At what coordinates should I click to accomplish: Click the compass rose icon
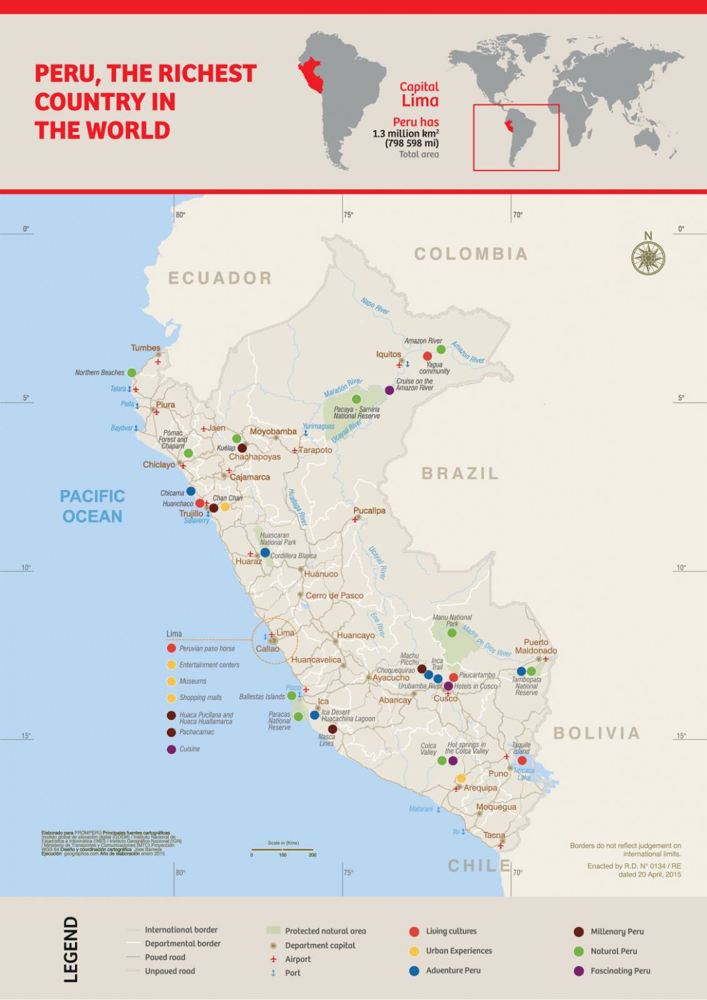648,257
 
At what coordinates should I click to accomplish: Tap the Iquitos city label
388,354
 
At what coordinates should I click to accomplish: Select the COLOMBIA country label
471,254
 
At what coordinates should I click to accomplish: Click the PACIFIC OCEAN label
93,506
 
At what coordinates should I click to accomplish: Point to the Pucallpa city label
369,511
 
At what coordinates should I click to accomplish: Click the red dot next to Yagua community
428,356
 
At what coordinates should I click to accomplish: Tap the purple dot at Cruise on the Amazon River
389,390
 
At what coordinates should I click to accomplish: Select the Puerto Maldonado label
536,646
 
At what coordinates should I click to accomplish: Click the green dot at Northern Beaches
132,372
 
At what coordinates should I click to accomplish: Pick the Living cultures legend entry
451,931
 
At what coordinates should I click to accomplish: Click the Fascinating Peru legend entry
620,971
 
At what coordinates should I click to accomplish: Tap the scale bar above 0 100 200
283,849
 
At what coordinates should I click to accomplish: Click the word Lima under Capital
420,101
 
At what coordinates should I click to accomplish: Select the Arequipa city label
480,787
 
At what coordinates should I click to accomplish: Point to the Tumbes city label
146,348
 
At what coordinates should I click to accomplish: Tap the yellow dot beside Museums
171,681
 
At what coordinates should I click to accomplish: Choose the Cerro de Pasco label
334,596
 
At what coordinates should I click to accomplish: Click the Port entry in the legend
292,973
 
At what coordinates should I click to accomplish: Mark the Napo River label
375,306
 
